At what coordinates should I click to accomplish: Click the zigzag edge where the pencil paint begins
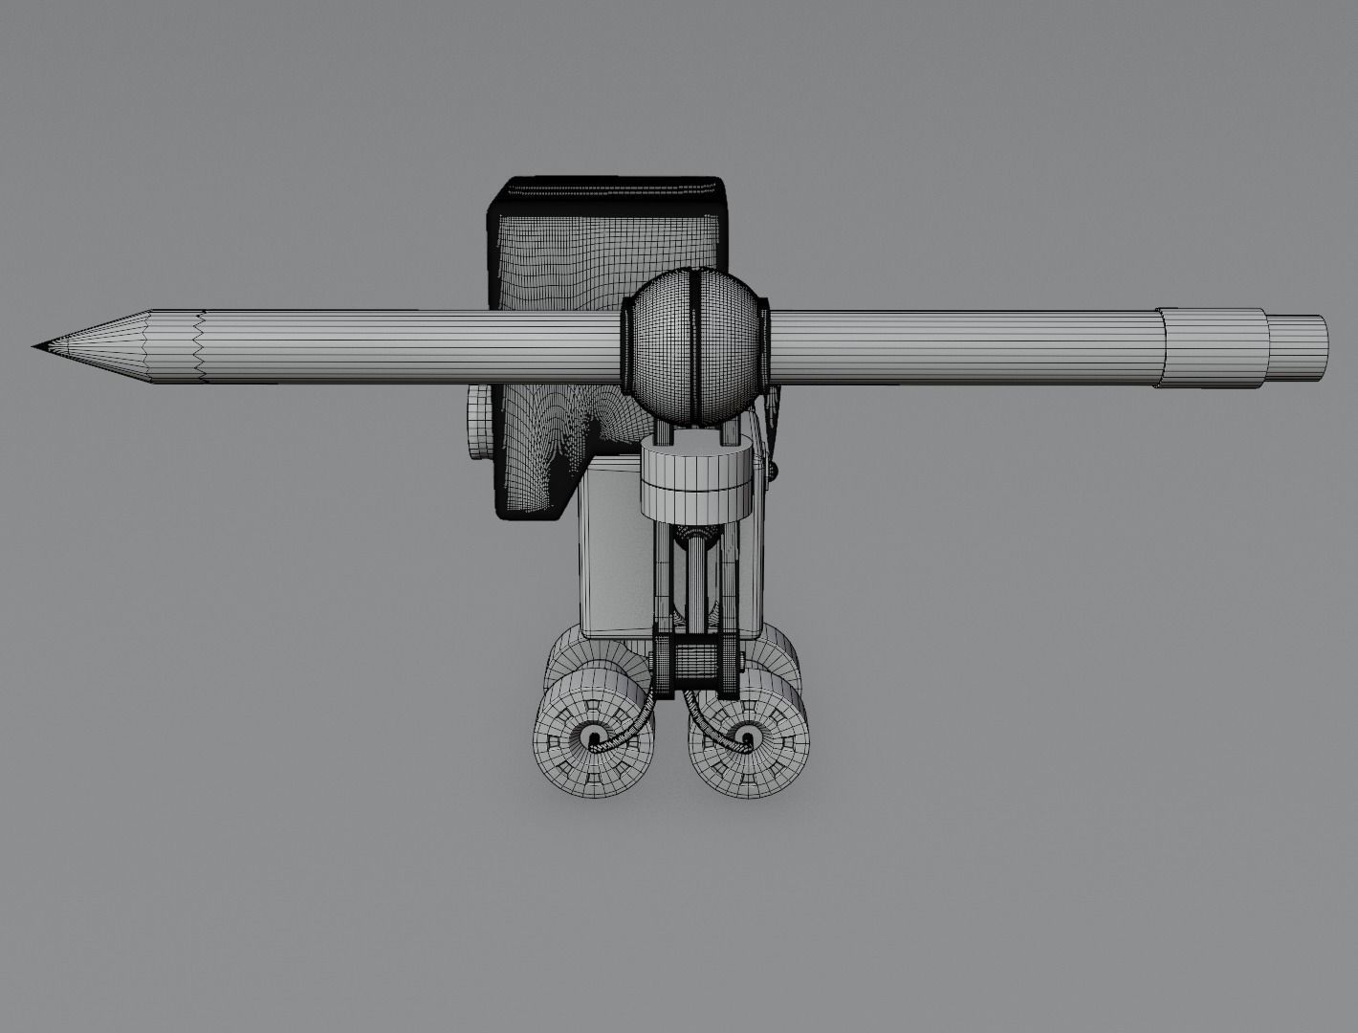pos(199,346)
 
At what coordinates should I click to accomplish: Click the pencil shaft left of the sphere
pos(411,346)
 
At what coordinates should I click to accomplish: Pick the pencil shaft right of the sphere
pos(956,347)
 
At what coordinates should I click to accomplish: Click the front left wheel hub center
pos(594,737)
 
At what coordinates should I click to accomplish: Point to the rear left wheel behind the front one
pos(574,659)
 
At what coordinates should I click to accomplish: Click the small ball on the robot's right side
pos(776,469)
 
